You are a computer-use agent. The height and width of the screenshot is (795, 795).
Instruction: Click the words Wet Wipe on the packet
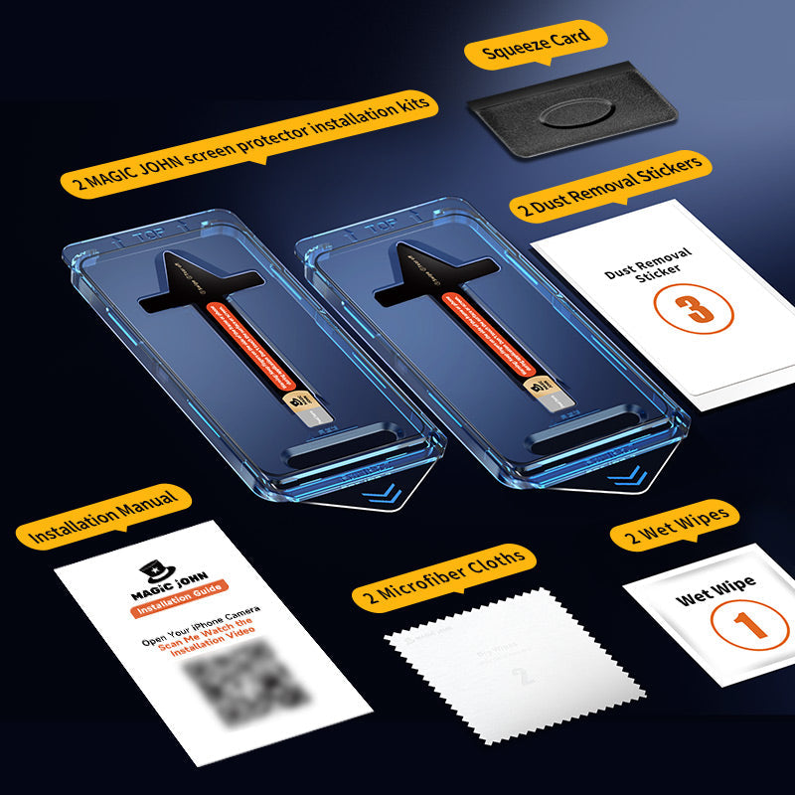coord(715,590)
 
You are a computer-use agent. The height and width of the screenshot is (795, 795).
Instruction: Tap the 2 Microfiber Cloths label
coord(444,576)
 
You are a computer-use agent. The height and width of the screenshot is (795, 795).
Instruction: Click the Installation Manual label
coord(103,517)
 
